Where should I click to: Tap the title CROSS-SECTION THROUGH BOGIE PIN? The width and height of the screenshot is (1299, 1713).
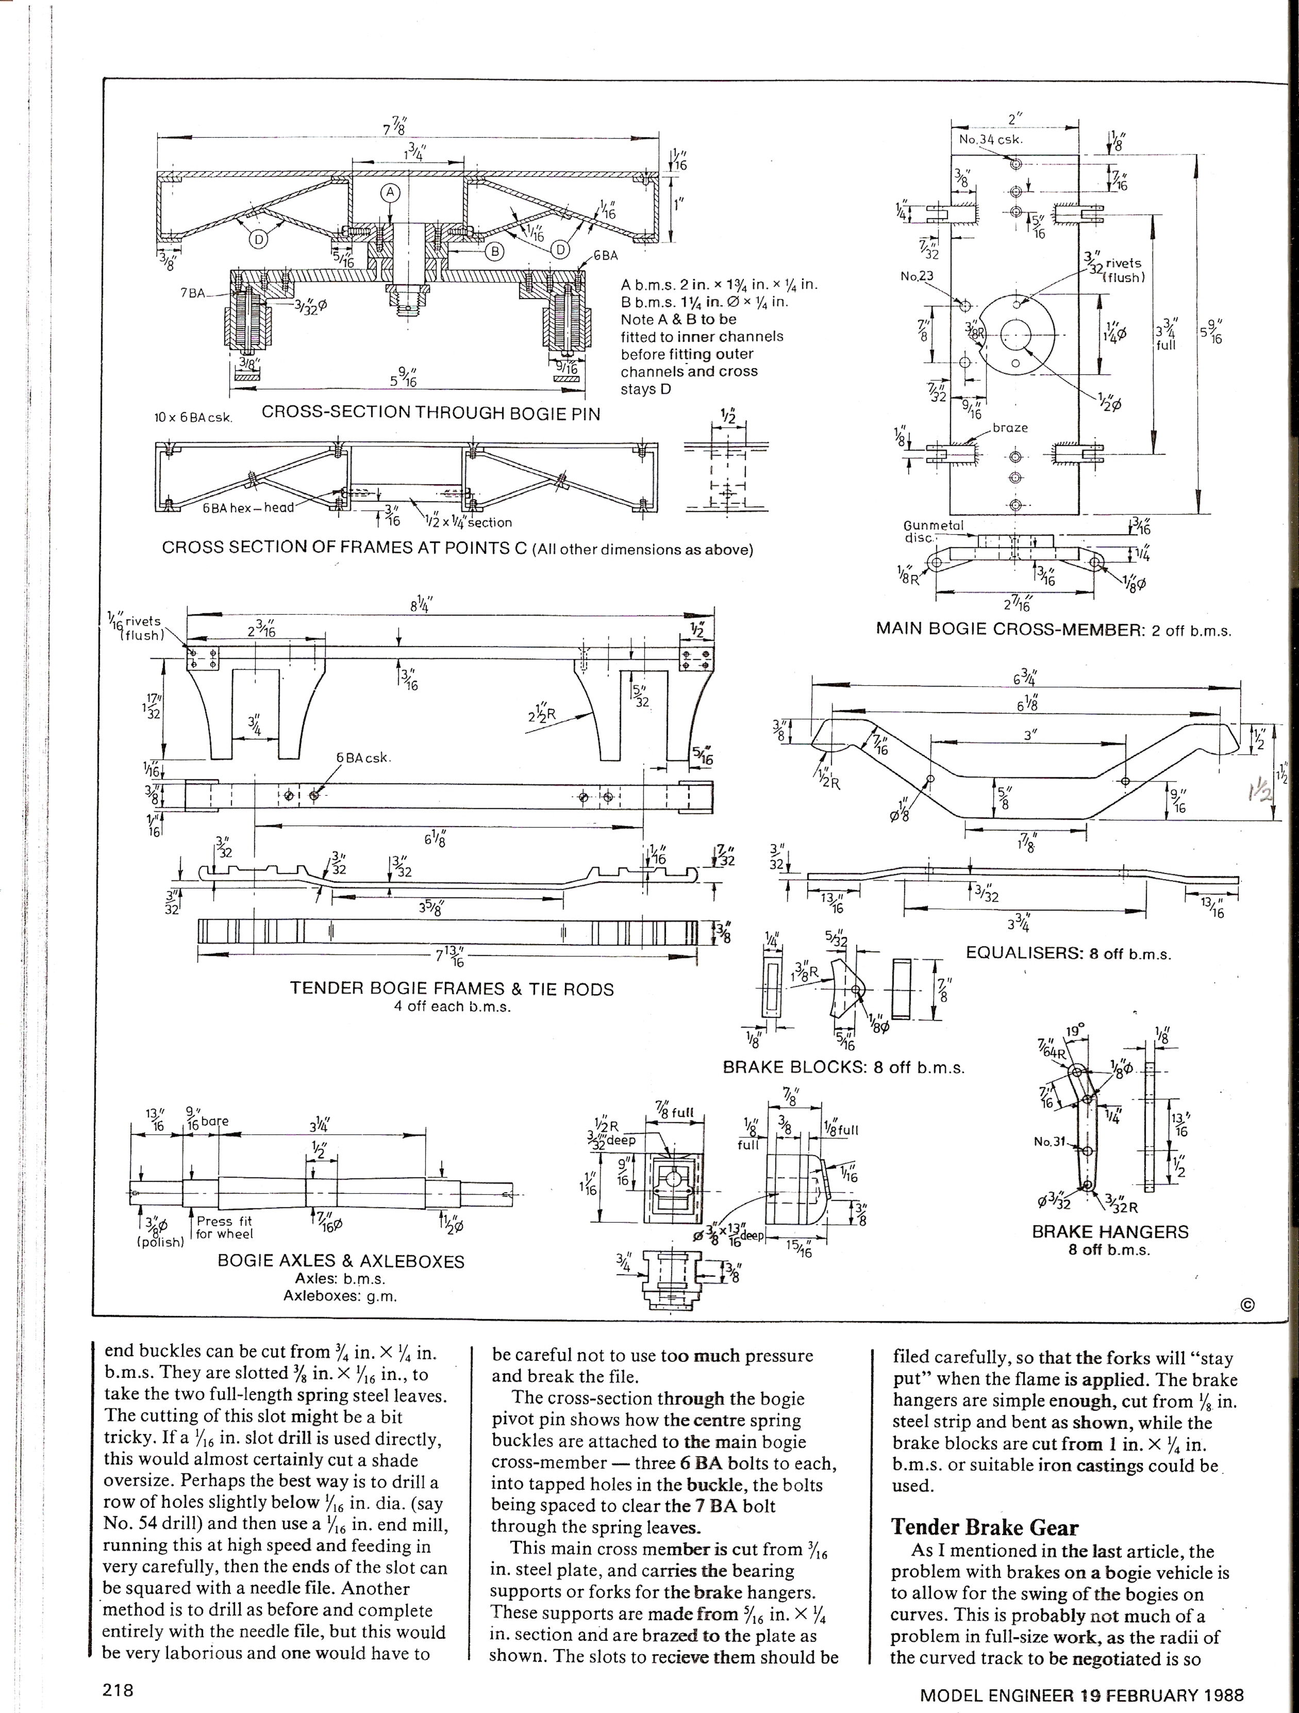[430, 412]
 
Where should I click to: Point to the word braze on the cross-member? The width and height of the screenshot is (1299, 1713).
[1009, 427]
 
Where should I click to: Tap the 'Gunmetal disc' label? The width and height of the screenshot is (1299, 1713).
[933, 531]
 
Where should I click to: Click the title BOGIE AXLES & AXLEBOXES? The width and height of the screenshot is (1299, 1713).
[341, 1261]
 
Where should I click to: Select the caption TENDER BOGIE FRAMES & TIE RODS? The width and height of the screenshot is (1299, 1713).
[452, 989]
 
